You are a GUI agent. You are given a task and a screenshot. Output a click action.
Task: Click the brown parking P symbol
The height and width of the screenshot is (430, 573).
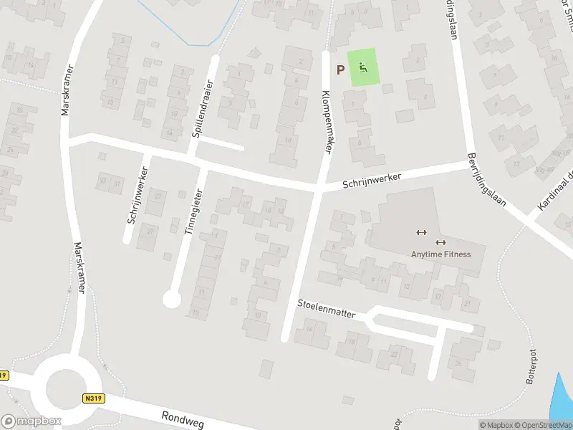341,70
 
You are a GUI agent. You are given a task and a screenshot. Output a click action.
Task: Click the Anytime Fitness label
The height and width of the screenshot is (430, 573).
440,254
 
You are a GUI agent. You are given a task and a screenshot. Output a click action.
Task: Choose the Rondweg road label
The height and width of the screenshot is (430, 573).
184,418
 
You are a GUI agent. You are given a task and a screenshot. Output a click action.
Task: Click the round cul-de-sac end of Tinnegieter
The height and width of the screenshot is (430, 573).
171,299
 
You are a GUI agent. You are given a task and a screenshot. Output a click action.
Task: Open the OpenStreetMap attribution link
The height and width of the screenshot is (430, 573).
541,425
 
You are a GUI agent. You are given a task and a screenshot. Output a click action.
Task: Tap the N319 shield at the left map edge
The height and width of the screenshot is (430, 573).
4,376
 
